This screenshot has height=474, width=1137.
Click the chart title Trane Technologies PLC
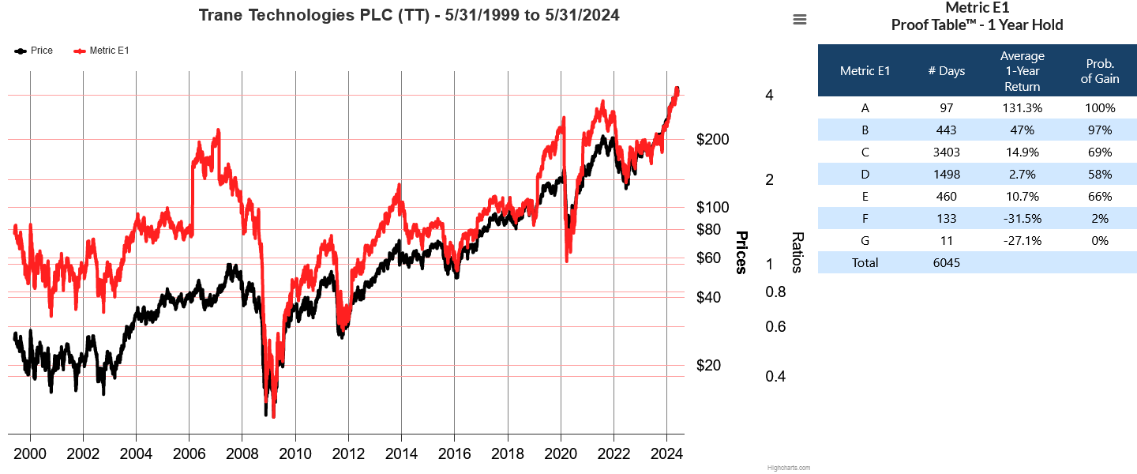[408, 15]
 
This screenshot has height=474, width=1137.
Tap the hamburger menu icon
[800, 20]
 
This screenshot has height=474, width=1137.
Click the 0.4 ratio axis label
[775, 376]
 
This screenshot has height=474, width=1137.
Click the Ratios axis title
[797, 252]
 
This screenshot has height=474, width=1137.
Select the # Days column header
[946, 71]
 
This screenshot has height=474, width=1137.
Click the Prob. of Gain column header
[1099, 71]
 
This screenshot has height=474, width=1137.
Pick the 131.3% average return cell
[1022, 108]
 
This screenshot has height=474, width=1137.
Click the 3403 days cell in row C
[946, 152]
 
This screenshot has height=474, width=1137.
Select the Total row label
[865, 263]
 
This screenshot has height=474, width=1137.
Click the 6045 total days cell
[946, 263]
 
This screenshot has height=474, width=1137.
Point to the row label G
[865, 241]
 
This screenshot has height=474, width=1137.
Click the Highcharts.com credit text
[788, 468]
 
